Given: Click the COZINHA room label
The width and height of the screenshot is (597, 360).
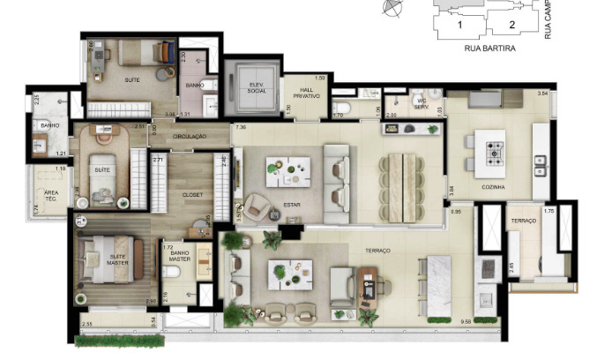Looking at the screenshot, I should pyautogui.click(x=494, y=188).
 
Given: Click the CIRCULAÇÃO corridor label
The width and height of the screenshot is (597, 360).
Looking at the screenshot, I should pyautogui.click(x=189, y=137).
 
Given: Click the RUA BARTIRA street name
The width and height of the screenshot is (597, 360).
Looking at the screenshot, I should pyautogui.click(x=489, y=49).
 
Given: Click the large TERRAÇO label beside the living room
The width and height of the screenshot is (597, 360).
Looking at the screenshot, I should pyautogui.click(x=380, y=251).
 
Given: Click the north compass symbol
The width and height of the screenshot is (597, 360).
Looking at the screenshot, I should pyautogui.click(x=392, y=8).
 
